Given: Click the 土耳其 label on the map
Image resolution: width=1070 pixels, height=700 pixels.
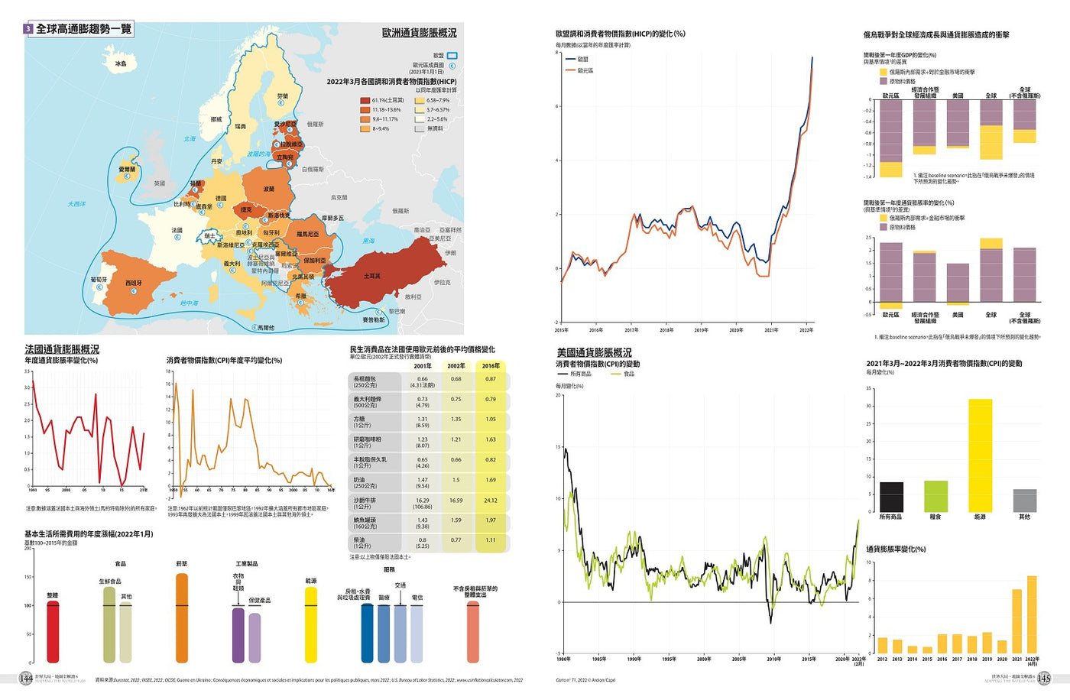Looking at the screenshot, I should (372, 276).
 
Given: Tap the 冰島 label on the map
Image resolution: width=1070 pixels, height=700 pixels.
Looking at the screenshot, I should (121, 64).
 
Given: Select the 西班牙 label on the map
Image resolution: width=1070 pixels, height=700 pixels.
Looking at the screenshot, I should (134, 283).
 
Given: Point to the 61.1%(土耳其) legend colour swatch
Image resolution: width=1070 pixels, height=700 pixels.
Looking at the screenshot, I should (365, 100).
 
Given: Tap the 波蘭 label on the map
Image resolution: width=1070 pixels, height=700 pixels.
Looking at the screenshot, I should (269, 189).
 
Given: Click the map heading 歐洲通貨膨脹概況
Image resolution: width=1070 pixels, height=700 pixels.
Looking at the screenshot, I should (419, 33).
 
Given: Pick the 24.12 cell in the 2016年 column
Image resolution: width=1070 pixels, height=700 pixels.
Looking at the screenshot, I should (491, 501).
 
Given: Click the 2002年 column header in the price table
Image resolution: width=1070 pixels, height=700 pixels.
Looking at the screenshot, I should (456, 366).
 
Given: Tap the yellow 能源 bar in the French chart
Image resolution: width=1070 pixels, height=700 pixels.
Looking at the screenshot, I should (311, 624).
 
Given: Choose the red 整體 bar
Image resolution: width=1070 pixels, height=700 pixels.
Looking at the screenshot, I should (53, 631).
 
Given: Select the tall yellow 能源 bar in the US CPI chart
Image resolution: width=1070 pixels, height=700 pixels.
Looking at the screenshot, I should (980, 455).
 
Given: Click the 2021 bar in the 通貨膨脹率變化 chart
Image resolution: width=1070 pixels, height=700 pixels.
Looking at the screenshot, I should (1016, 621).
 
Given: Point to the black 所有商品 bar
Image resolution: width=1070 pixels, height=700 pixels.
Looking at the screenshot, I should (891, 497).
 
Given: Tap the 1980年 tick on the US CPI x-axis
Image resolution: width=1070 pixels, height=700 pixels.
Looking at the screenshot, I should (563, 659).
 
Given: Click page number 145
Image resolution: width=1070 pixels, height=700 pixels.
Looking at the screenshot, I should (1043, 679).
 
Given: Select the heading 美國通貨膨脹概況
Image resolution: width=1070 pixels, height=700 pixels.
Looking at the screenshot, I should (594, 352).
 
